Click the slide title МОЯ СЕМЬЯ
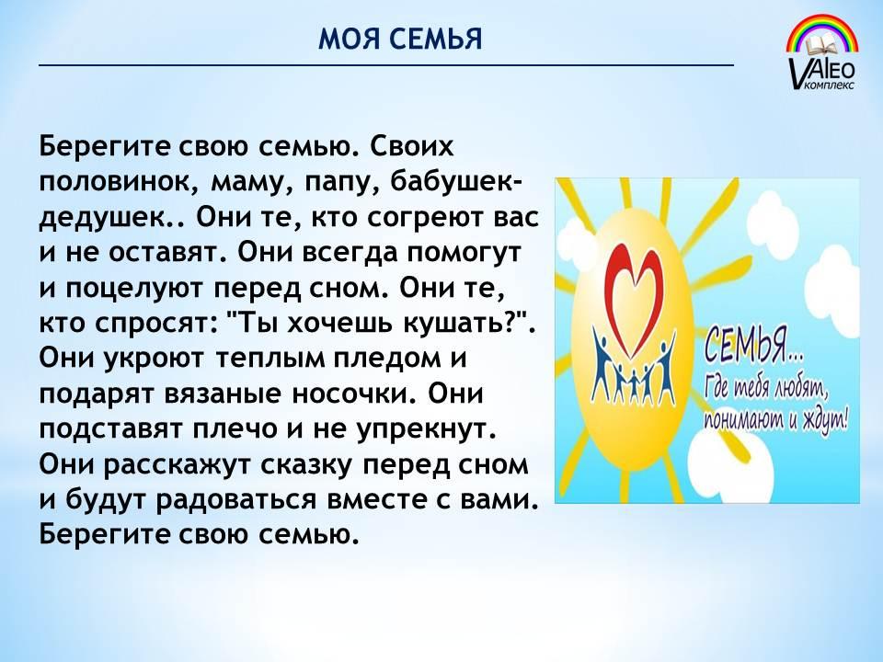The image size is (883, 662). (400, 40)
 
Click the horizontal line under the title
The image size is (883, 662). (386, 65)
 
